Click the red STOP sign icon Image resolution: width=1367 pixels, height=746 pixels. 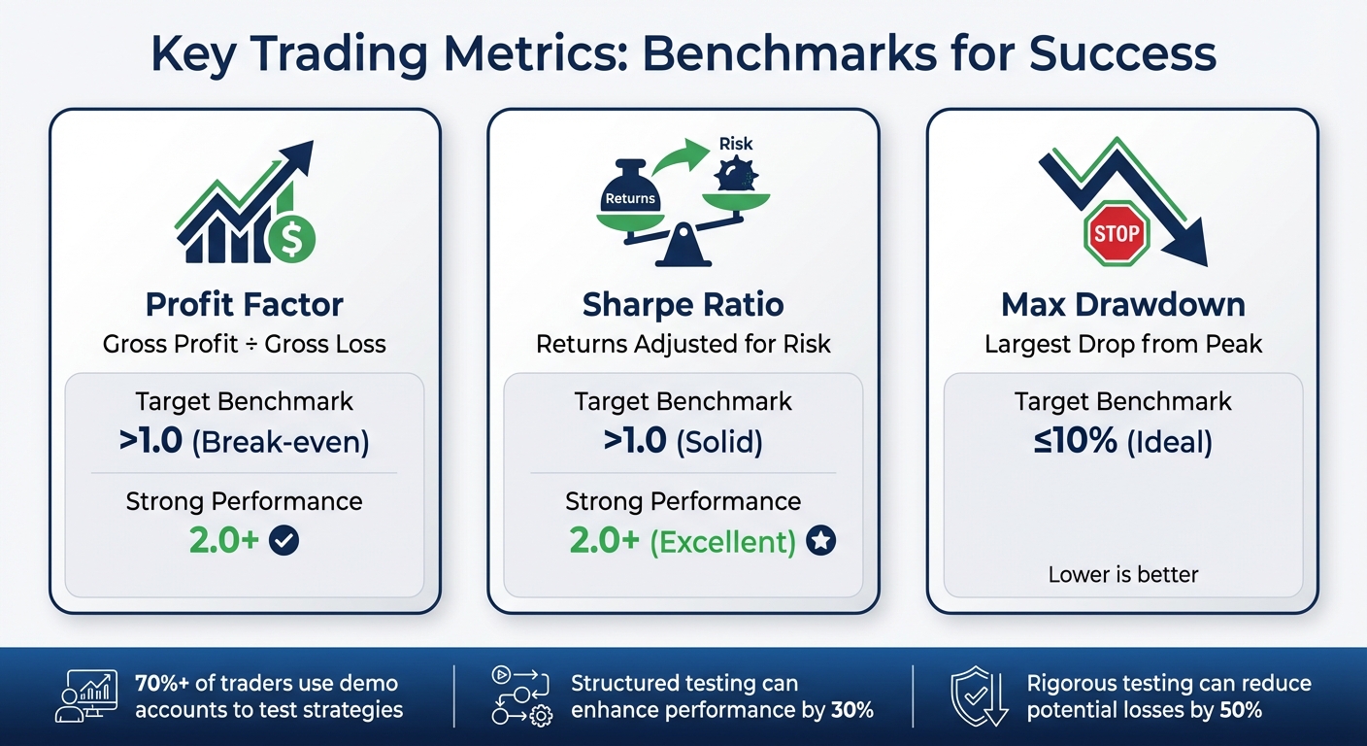point(1116,233)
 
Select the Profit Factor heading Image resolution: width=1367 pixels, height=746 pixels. point(245,305)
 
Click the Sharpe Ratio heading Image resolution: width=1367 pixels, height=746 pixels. point(683,305)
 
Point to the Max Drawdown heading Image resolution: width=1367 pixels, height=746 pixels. point(1123,305)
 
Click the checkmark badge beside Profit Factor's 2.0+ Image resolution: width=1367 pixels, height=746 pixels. point(283,541)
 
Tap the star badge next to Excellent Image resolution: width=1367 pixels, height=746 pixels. point(820,541)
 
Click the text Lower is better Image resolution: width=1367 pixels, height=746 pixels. point(1123,575)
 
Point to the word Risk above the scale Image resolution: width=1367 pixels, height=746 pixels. point(736,144)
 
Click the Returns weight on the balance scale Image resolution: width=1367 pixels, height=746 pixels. point(630,192)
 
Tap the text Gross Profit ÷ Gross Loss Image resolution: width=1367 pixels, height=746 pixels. point(245,344)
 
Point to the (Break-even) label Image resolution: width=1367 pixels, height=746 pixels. point(281,442)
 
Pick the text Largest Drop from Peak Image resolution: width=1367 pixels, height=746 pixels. point(1123,344)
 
